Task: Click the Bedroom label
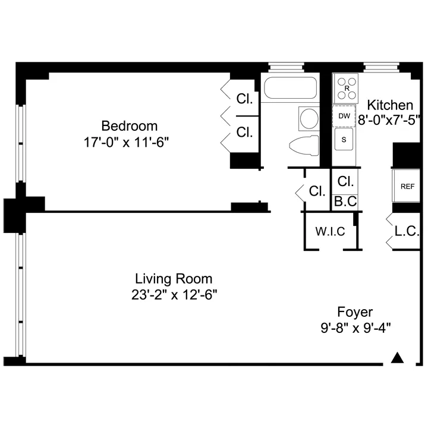[x=129, y=126]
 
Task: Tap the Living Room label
[x=174, y=278]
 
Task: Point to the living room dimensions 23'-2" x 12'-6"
[x=174, y=295]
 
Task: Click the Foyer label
[x=355, y=312]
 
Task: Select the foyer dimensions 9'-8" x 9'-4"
[x=355, y=328]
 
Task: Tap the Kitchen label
[x=389, y=105]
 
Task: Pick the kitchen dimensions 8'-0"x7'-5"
[x=389, y=119]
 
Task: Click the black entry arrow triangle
[x=398, y=357]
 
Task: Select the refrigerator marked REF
[x=407, y=186]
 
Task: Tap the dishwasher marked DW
[x=344, y=116]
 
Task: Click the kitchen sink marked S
[x=344, y=140]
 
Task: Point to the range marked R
[x=347, y=88]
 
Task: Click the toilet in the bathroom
[x=303, y=144]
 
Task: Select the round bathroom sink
[x=309, y=118]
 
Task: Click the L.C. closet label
[x=407, y=231]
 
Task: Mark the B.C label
[x=345, y=202]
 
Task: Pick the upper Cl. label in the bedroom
[x=244, y=99]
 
